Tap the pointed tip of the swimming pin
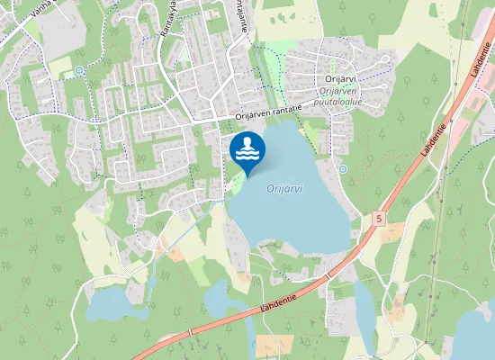247,176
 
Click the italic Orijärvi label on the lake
285,188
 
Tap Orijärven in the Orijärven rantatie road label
254,115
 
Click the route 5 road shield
379,219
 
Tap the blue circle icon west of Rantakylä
79,70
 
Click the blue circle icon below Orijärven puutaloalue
342,168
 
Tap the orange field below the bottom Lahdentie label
274,346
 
